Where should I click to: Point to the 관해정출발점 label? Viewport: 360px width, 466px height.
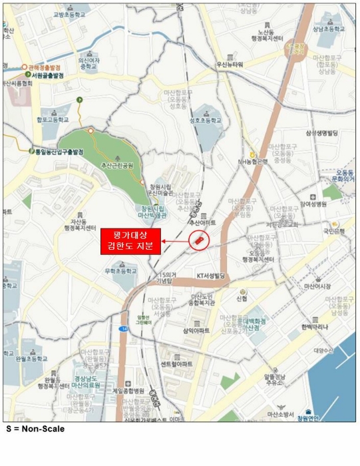click(x=45, y=67)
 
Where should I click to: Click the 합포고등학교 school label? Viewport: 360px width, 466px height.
click(x=53, y=120)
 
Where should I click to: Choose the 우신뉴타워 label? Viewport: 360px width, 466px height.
click(x=230, y=64)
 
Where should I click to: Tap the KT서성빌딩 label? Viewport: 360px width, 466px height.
click(x=212, y=275)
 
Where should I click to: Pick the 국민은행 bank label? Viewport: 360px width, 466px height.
click(x=333, y=233)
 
